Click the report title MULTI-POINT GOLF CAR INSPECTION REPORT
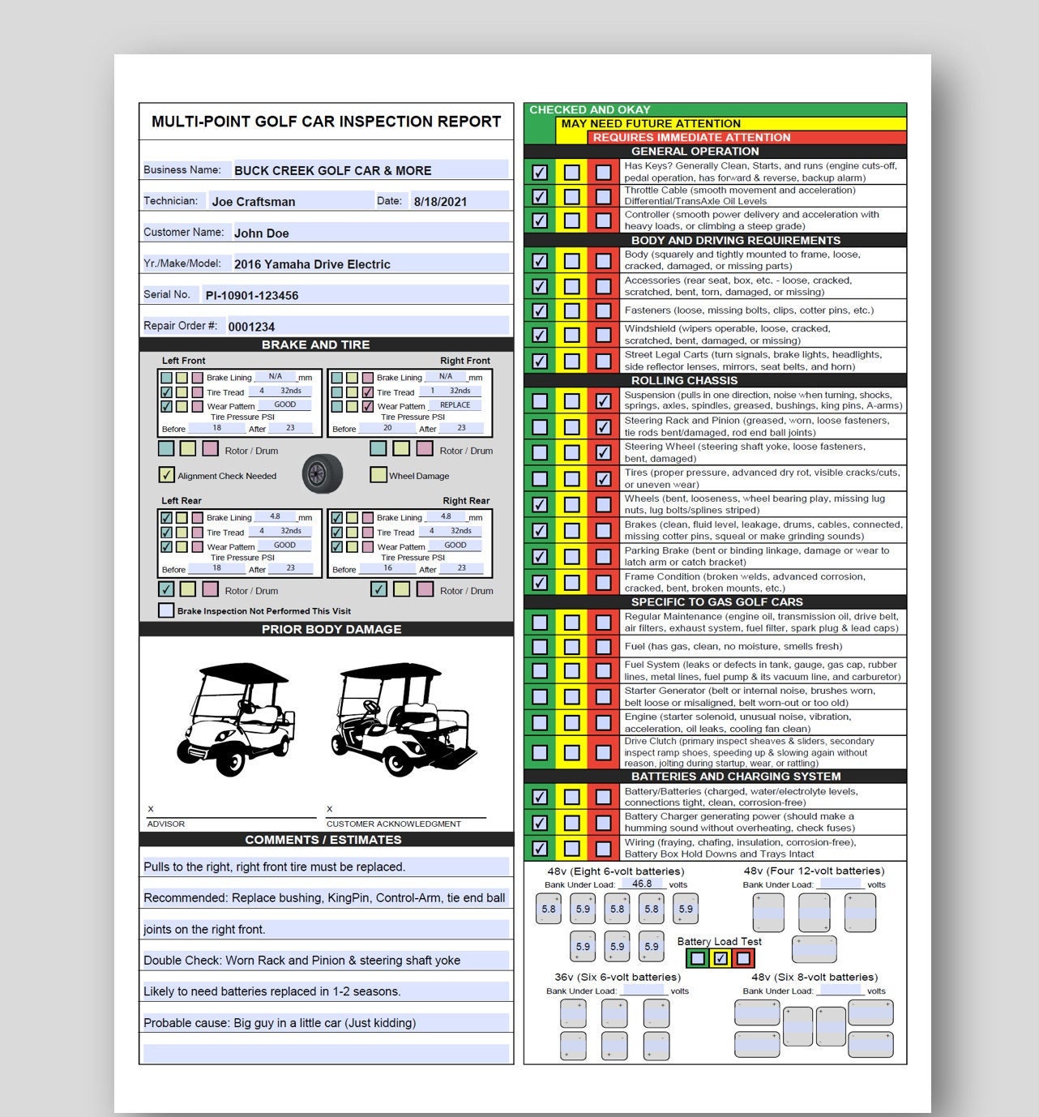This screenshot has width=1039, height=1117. coord(326,122)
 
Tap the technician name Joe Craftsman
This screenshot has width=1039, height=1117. coord(254,202)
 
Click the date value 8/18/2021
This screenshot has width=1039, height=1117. coord(440,202)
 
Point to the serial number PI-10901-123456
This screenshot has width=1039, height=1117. coord(252,296)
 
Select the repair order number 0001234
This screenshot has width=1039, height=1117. coord(251,327)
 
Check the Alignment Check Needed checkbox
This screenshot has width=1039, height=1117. coord(166,475)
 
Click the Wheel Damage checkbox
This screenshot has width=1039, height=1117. coord(378,475)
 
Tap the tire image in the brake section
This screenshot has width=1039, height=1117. coord(323,474)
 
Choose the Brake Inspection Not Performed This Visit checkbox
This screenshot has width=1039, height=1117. coord(166,610)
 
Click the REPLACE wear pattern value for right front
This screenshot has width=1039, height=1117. coord(455,405)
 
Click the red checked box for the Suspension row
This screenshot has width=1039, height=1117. coord(603,400)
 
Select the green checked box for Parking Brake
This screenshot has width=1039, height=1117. coord(540,557)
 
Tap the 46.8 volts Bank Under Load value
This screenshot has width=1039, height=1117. coord(642,884)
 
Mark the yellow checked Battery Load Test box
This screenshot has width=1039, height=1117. coord(720,958)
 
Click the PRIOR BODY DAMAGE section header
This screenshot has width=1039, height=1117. coord(331,629)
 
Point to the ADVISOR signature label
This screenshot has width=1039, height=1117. coord(166,824)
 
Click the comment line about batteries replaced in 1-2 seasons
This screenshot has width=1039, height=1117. coord(272,991)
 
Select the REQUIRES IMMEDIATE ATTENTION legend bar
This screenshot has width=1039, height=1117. coord(691,137)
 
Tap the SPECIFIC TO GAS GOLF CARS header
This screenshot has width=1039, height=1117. coord(716,601)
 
